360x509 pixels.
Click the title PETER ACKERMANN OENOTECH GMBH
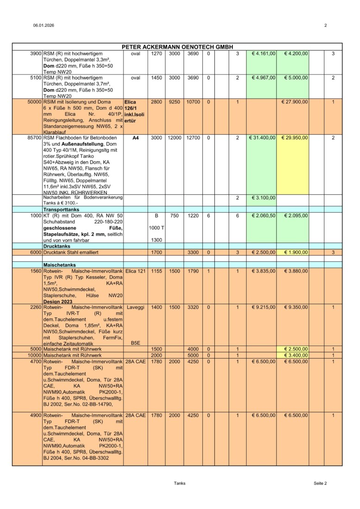[x=177, y=47]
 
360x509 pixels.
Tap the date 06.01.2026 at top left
[x=43, y=25]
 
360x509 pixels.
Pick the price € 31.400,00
[x=262, y=138]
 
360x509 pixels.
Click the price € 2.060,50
[x=262, y=216]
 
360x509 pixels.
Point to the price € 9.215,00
[x=262, y=307]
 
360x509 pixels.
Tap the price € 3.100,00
[x=262, y=198]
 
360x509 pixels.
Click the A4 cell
[x=135, y=138]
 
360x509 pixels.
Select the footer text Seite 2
[x=320, y=483]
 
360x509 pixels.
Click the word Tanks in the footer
[x=180, y=483]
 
